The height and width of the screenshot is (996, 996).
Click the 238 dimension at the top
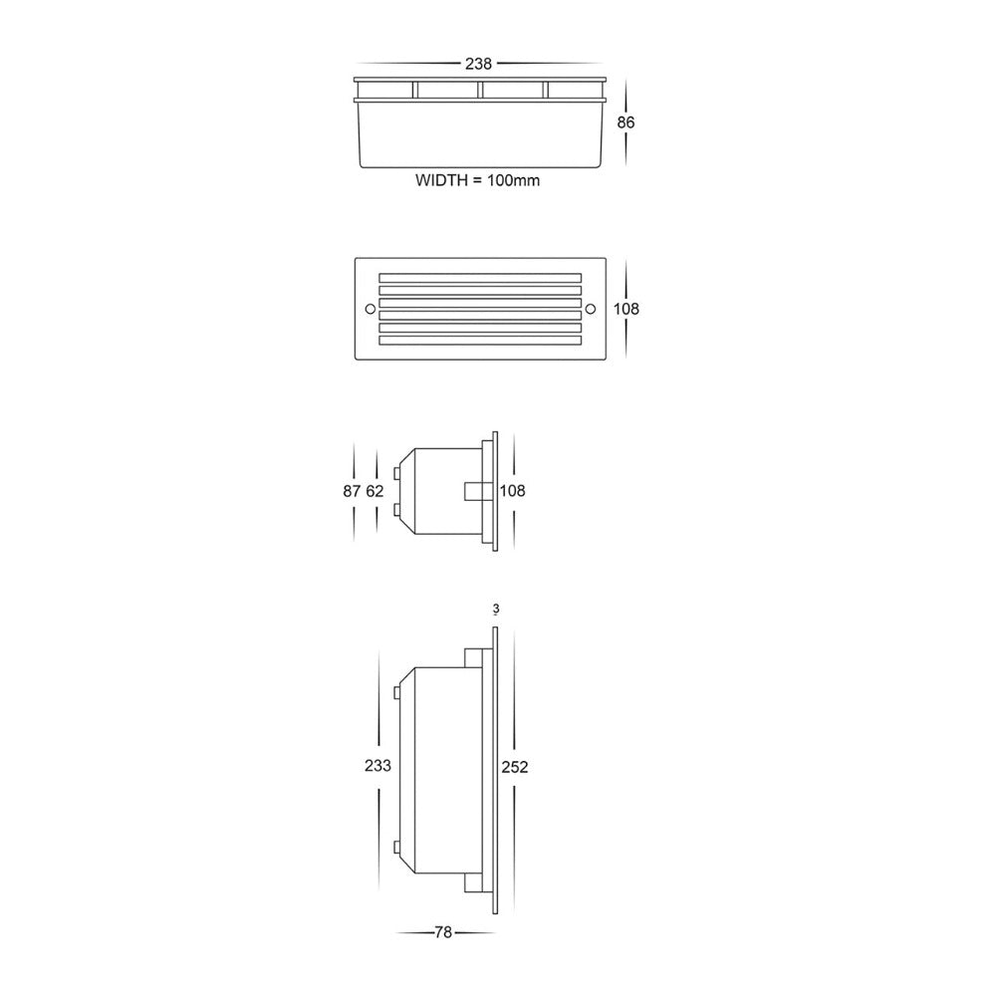point(479,64)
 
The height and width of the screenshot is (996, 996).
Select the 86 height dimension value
point(625,123)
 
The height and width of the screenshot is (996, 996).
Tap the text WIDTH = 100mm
point(478,181)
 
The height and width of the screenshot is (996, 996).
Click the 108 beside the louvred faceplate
point(625,309)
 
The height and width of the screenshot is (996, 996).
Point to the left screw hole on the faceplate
point(370,309)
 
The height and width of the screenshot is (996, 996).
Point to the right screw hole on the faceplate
point(589,309)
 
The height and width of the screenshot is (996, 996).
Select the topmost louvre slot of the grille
point(479,276)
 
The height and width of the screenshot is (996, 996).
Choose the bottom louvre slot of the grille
point(479,341)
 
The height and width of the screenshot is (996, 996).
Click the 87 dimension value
point(351,491)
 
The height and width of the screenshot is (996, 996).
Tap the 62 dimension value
point(374,491)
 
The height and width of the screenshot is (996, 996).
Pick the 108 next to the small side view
point(512,491)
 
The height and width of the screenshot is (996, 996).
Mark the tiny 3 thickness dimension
point(494,608)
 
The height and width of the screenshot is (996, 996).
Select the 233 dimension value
point(377,766)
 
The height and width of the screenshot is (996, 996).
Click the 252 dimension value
point(514,766)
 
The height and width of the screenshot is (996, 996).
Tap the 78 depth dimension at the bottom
point(444,932)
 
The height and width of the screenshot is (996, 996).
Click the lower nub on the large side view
point(398,849)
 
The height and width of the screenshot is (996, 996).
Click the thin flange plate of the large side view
point(494,767)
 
